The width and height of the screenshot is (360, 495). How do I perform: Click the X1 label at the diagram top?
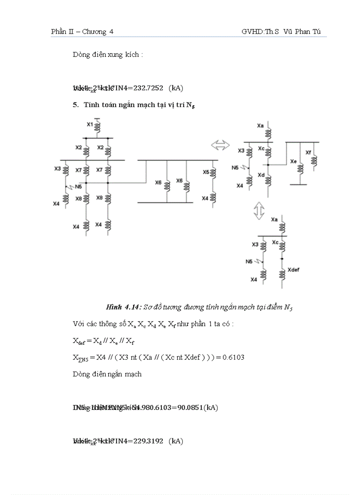click(x=90, y=125)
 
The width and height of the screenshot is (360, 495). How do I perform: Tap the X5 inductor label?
click(x=206, y=172)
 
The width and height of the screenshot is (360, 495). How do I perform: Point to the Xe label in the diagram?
click(x=293, y=162)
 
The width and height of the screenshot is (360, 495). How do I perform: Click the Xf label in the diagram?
click(x=308, y=153)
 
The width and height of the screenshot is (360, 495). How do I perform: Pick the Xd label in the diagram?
click(x=261, y=175)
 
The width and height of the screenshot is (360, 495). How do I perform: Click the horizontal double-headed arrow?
click(x=221, y=145)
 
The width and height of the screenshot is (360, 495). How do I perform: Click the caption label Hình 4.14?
click(x=121, y=308)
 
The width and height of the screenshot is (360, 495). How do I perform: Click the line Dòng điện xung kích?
click(x=108, y=55)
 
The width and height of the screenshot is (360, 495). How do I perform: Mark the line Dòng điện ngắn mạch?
click(x=107, y=374)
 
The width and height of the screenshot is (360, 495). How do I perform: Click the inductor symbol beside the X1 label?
click(x=98, y=127)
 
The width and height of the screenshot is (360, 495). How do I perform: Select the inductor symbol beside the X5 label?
click(x=214, y=172)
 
